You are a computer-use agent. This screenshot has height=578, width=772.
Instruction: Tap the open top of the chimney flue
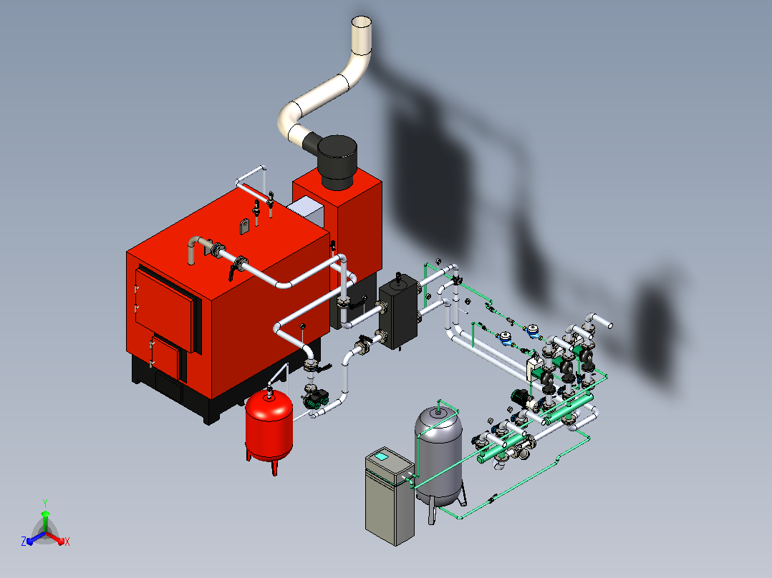point(362,23)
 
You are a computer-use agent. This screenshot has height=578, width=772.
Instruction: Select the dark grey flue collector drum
point(337,162)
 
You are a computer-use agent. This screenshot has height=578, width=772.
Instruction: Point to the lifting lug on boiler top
point(245,226)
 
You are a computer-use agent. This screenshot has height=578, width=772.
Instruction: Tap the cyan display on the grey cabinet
point(381,456)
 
